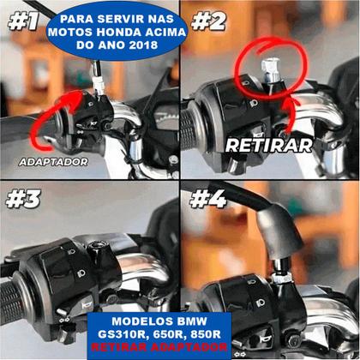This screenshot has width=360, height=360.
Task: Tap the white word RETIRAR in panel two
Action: pos(268,145)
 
